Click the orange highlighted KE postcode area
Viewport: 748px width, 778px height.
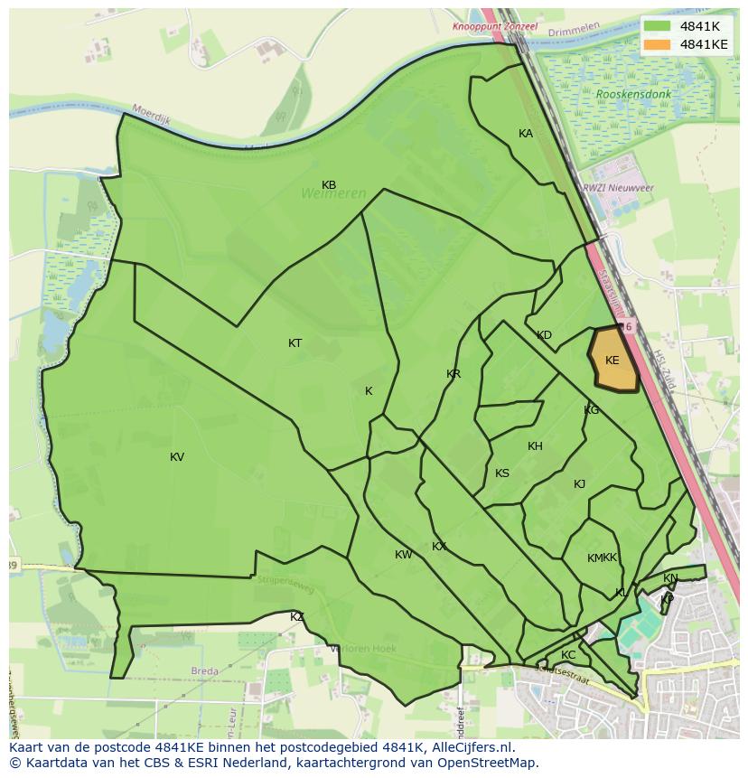(x=612, y=361)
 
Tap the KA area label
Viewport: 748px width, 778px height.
(x=526, y=134)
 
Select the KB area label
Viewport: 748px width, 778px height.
(x=329, y=185)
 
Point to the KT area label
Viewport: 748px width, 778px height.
(x=295, y=343)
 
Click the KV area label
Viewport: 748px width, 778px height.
(x=177, y=457)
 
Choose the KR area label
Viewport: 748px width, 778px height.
(x=453, y=374)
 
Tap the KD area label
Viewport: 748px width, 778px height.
(x=544, y=335)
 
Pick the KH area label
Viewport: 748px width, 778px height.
(x=535, y=446)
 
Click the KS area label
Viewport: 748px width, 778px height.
(x=502, y=473)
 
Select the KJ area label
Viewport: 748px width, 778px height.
(x=579, y=484)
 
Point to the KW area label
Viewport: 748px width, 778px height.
(x=403, y=555)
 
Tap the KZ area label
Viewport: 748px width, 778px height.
(x=297, y=617)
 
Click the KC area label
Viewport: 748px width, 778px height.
(x=568, y=655)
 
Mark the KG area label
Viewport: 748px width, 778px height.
(x=591, y=410)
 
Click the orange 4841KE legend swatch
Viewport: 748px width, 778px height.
(x=658, y=43)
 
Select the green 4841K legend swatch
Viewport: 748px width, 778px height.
(x=658, y=26)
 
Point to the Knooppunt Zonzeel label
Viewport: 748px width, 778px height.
(x=495, y=27)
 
